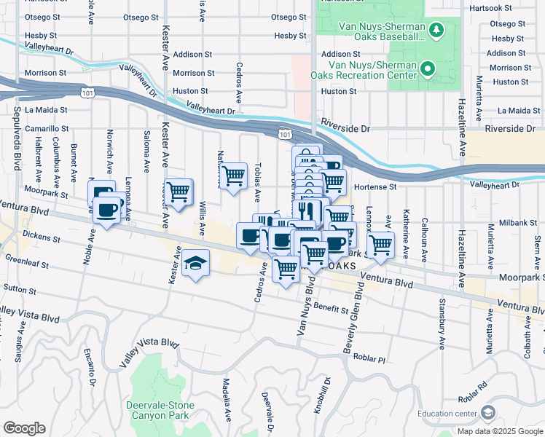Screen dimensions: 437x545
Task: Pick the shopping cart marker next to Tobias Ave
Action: coord(233,176)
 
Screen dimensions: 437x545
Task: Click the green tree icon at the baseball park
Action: coord(436,30)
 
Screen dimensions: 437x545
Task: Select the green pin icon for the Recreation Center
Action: coord(428,70)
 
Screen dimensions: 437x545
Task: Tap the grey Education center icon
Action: coord(487,413)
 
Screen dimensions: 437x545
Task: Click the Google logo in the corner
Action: coord(24,428)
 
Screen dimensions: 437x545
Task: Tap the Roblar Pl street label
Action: coord(369,358)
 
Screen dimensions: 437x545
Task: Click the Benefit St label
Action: coord(332,310)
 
